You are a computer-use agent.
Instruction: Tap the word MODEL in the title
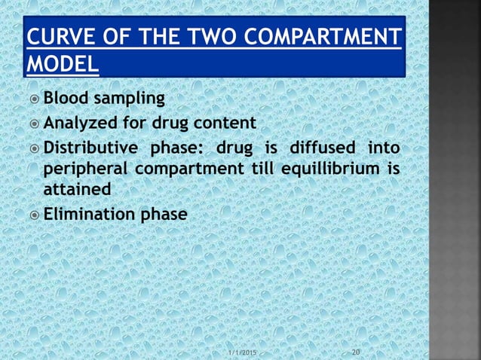click(x=62, y=66)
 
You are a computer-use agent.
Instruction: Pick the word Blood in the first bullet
click(x=65, y=99)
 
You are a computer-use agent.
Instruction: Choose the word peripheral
click(x=83, y=168)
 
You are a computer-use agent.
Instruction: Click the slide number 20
click(x=357, y=352)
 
